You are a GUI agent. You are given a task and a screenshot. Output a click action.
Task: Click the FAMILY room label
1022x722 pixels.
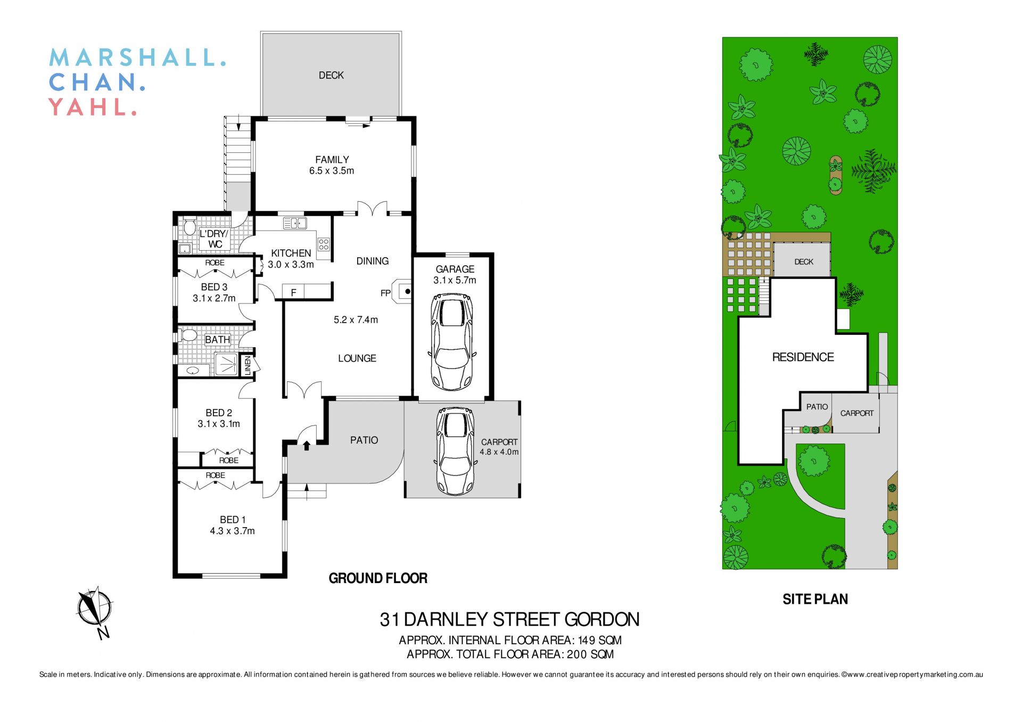(x=332, y=160)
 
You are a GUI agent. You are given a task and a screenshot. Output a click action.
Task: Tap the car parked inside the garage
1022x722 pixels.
(x=451, y=342)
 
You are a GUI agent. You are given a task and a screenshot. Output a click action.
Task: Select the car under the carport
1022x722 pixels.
(x=455, y=451)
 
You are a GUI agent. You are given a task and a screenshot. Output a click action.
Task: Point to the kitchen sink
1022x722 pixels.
(x=294, y=223)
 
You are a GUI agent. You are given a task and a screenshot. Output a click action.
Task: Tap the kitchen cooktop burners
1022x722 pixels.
(x=324, y=244)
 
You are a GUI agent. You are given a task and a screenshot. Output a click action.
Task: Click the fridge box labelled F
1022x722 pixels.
(x=293, y=292)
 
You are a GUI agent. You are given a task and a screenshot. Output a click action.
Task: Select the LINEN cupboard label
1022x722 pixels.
(x=247, y=365)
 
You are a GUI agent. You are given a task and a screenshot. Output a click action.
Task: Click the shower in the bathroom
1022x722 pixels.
(x=227, y=364)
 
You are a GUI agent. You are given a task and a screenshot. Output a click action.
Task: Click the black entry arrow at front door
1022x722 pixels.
(x=307, y=445)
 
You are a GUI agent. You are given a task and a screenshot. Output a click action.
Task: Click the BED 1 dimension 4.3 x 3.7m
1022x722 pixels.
(x=232, y=531)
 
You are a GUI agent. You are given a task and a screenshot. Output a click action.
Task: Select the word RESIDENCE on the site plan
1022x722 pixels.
(x=803, y=357)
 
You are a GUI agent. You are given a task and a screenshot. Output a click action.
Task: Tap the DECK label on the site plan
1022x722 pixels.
(x=803, y=262)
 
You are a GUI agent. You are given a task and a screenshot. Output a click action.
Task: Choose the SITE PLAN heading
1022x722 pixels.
(x=815, y=600)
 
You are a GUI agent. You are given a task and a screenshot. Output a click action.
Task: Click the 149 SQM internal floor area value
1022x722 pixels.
(x=599, y=640)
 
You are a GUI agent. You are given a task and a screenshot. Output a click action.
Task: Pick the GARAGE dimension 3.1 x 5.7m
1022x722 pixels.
(x=455, y=281)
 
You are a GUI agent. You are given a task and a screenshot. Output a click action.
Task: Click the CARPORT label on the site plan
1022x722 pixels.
(x=856, y=413)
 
